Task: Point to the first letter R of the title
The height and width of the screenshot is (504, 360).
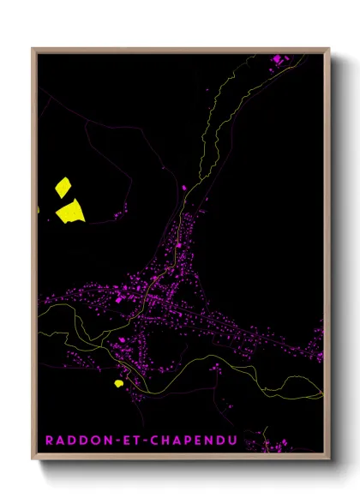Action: [x=49, y=440]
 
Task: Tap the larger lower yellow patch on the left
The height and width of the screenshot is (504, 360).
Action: [x=70, y=209]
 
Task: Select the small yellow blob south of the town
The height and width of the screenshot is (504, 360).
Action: [x=118, y=382]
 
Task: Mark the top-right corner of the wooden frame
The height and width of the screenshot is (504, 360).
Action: [x=330, y=48]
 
